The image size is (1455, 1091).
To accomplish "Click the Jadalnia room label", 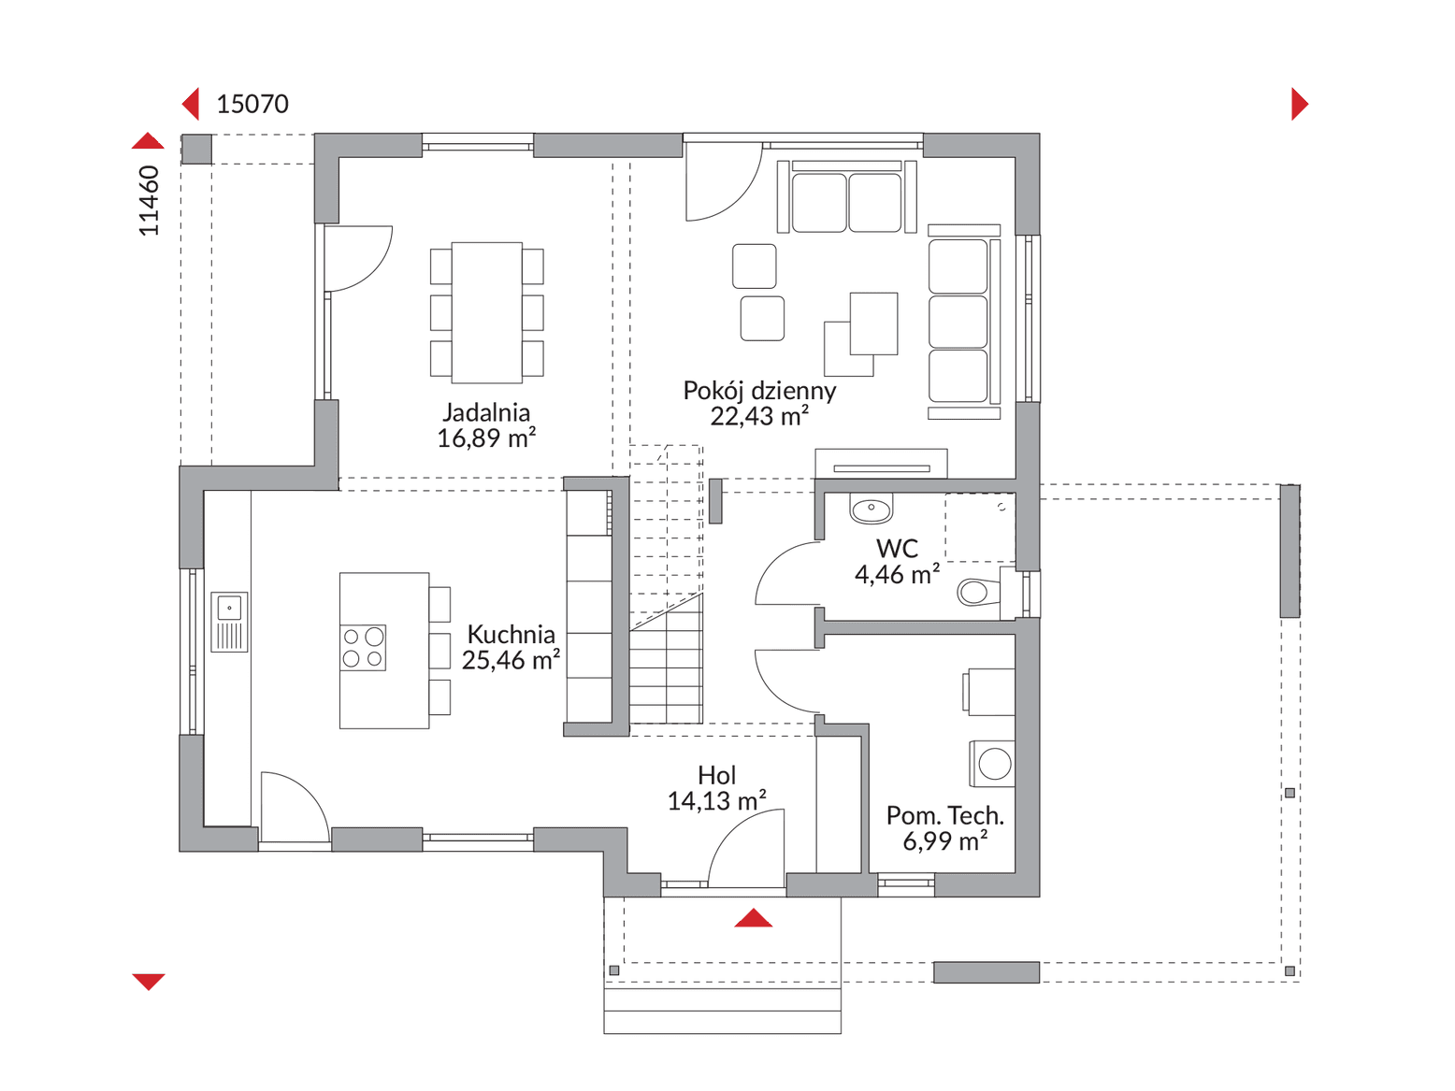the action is [486, 412].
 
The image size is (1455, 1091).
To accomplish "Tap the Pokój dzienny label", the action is [759, 391].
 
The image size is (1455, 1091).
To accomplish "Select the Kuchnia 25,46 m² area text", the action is [511, 660].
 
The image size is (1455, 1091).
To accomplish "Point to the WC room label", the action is [897, 549].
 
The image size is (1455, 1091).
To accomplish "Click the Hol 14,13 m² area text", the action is [716, 801].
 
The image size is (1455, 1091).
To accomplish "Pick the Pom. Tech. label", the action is [944, 815].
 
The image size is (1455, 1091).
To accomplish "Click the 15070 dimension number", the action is [252, 104].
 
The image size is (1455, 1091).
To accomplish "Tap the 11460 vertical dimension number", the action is [149, 200].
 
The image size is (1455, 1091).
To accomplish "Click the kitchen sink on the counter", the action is [229, 622].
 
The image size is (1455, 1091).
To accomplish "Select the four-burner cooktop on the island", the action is [363, 647].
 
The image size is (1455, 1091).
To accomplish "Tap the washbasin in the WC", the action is [871, 509].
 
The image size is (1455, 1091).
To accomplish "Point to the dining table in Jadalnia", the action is [486, 312].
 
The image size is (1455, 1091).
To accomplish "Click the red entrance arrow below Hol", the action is [753, 918].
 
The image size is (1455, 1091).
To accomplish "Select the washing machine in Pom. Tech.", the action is [991, 764].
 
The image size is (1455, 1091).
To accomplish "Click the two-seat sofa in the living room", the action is [846, 196].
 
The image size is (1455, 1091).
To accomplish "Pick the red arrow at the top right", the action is [1300, 104].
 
